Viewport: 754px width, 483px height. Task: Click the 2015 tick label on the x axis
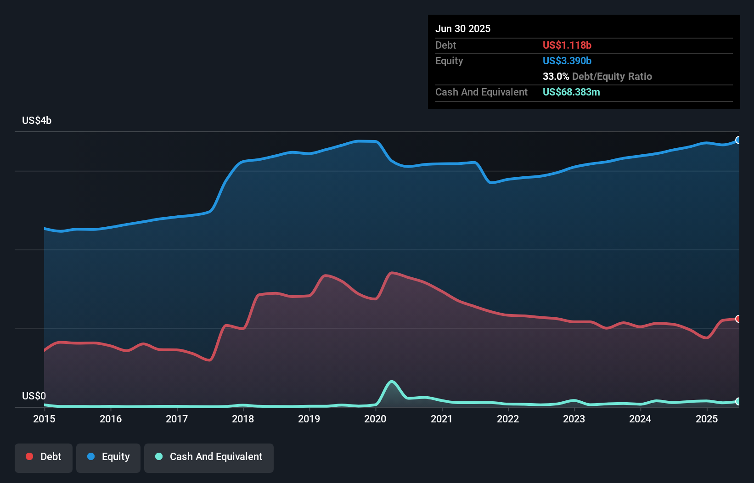pos(44,419)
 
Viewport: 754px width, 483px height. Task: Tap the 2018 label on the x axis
pos(243,419)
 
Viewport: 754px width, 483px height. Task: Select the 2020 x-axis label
pos(375,419)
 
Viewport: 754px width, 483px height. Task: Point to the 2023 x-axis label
pos(574,419)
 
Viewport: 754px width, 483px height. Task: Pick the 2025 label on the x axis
pos(707,419)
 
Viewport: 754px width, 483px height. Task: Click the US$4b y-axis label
pos(37,120)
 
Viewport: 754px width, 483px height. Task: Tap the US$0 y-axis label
pos(34,396)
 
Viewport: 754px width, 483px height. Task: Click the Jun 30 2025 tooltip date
pos(463,28)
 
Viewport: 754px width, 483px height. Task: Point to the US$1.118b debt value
pos(567,45)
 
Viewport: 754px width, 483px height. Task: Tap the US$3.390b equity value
pos(567,61)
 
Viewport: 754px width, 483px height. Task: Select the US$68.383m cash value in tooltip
pos(571,92)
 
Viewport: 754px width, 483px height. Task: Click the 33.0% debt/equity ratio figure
pos(556,76)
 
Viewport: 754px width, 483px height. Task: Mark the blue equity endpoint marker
pos(738,140)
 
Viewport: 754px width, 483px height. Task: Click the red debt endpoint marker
pos(738,319)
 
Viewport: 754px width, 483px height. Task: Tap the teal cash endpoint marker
pos(738,401)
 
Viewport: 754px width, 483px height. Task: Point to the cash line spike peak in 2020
pos(392,382)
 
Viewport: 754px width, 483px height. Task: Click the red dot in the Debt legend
pos(29,456)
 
